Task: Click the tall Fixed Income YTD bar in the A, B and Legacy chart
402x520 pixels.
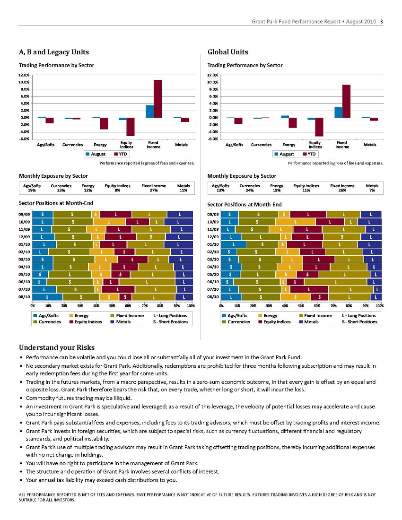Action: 157,99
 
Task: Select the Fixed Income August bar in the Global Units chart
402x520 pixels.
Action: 338,113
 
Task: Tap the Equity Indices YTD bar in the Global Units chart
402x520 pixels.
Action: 319,127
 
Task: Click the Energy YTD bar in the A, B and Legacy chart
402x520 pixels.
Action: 104,123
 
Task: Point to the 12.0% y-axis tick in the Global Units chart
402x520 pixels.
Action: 212,75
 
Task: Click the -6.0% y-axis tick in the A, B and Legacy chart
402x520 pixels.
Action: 24,139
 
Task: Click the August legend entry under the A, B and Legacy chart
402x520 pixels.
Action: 96,154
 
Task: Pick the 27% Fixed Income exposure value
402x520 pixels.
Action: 154,191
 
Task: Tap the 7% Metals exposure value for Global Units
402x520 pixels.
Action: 372,191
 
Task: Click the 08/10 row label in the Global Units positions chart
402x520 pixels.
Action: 213,297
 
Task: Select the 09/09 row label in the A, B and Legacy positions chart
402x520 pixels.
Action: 24,215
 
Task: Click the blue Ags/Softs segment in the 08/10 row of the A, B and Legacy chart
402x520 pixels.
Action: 47,297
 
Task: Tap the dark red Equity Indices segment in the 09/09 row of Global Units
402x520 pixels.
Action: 308,215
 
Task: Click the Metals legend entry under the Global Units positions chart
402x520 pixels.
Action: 309,321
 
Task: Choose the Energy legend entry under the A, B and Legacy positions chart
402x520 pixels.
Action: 79,316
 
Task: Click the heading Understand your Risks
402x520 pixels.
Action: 57,347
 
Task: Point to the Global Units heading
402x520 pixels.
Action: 228,52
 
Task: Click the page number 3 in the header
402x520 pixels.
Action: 382,22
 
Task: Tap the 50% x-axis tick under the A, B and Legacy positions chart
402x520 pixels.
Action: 112,306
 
